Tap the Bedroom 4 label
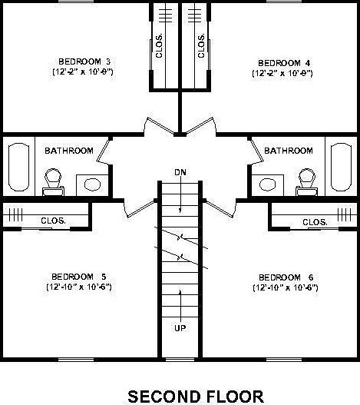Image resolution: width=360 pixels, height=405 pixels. (279, 62)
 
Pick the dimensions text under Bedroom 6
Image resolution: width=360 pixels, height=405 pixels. (285, 288)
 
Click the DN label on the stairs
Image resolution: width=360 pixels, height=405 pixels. (180, 171)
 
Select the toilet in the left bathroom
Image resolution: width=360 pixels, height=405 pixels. (52, 178)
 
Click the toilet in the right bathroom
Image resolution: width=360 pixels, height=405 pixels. (305, 178)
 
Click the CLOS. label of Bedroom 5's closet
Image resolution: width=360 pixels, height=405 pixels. (53, 221)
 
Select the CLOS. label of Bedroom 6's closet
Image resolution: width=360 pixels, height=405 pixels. (315, 221)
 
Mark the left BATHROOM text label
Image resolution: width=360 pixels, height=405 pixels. (69, 151)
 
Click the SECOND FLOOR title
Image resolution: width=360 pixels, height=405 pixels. (195, 395)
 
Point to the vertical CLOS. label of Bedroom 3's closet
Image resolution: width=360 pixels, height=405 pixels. (160, 46)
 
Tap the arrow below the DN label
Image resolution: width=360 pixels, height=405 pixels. (180, 195)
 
